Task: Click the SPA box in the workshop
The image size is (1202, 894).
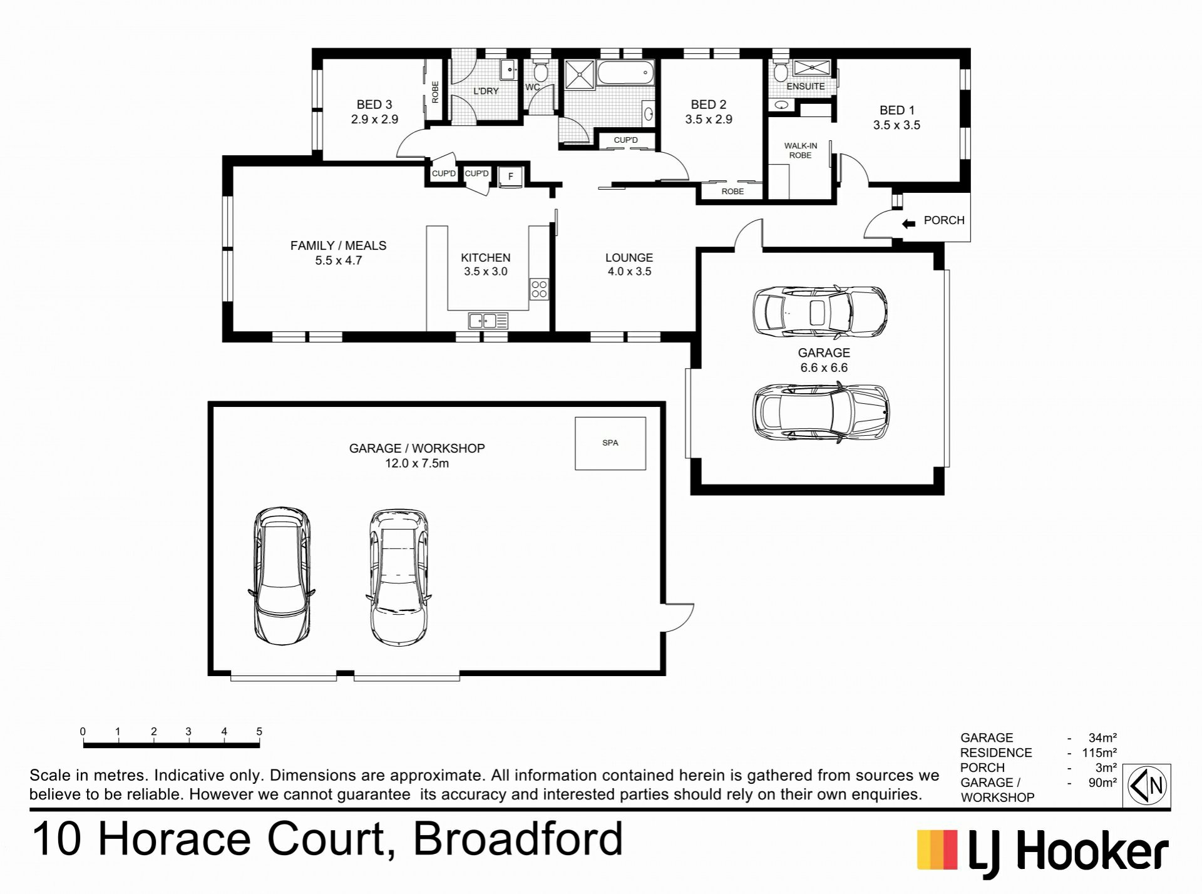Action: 610,443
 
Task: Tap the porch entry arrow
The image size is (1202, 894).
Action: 908,223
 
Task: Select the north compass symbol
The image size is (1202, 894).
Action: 1148,785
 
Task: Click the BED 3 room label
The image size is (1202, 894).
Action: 374,105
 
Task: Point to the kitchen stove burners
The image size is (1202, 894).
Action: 539,289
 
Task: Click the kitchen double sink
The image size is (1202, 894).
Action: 488,321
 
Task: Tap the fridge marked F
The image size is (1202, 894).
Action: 510,177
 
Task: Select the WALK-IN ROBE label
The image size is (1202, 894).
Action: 800,150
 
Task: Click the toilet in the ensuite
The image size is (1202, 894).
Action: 780,72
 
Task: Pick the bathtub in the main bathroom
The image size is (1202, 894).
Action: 625,73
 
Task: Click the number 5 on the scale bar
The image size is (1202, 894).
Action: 259,731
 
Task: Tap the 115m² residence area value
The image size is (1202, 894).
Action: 1099,753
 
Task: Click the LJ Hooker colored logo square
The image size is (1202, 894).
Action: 937,850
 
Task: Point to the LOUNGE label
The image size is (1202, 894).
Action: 629,257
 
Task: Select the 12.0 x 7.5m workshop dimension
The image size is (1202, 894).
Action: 417,463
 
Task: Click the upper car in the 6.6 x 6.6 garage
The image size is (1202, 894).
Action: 819,311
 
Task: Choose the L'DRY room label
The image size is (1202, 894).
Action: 486,91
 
